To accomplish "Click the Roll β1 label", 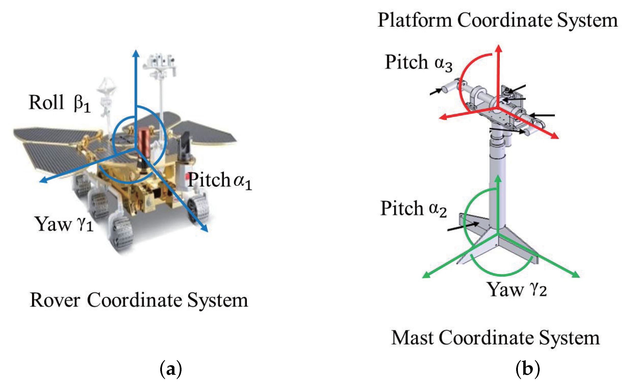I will pos(59,103).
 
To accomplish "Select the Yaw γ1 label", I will pos(64,224).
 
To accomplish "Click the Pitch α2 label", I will pos(413,209).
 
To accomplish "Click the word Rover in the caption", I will pos(55,300).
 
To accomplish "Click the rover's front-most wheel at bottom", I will pos(121,234).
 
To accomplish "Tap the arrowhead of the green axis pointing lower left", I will pos(425,276).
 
